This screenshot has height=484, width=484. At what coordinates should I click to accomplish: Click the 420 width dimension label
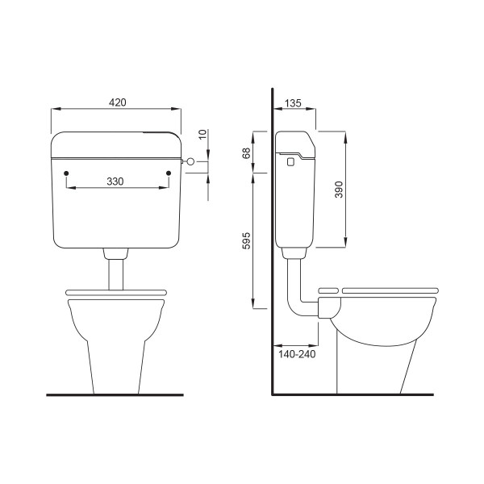(x=117, y=102)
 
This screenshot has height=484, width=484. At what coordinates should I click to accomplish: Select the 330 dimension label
(x=115, y=181)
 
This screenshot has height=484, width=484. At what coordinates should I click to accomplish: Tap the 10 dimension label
(x=202, y=135)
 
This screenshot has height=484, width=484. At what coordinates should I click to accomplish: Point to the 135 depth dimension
(x=293, y=103)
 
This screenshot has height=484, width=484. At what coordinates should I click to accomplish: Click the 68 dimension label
(x=246, y=153)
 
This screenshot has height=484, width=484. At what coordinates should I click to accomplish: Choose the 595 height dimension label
(x=246, y=240)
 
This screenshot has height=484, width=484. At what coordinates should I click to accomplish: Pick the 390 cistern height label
(x=339, y=190)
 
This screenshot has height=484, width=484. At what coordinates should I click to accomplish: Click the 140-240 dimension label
(x=297, y=354)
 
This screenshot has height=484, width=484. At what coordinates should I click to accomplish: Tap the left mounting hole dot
(x=66, y=173)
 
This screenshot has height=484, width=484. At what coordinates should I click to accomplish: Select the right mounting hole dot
(x=169, y=173)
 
